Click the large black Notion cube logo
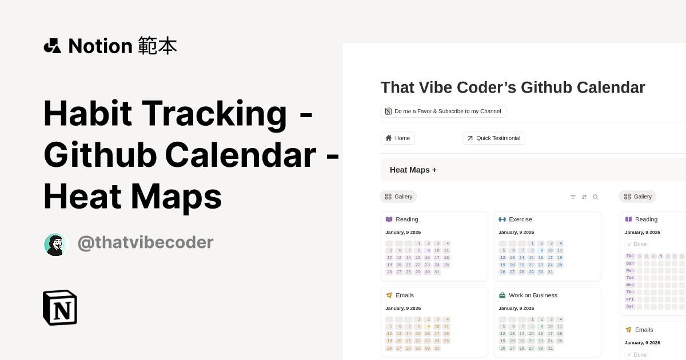point(60,307)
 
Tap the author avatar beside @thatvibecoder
point(55,245)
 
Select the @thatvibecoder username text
point(145,242)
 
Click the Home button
point(398,138)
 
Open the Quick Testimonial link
point(494,138)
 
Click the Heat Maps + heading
point(413,170)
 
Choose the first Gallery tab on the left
point(398,197)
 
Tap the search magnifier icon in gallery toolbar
point(595,197)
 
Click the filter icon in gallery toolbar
point(573,197)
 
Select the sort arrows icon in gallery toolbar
point(584,197)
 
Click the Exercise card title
point(520,219)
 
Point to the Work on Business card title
point(533,295)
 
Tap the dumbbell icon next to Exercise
point(502,219)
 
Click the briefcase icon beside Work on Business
point(502,295)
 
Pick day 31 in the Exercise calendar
point(550,272)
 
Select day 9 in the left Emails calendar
point(428,327)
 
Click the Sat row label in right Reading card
point(630,306)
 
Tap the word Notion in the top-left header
point(100,46)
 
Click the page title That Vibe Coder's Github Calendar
point(513,87)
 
